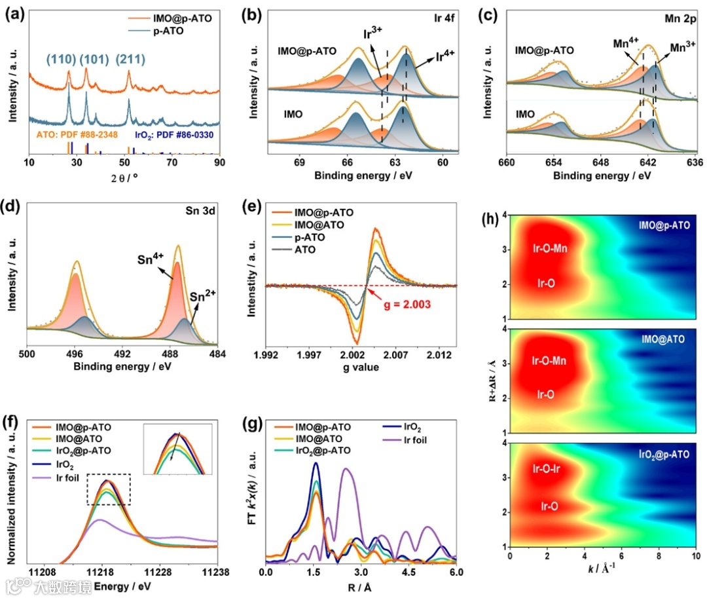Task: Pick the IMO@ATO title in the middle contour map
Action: point(663,339)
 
